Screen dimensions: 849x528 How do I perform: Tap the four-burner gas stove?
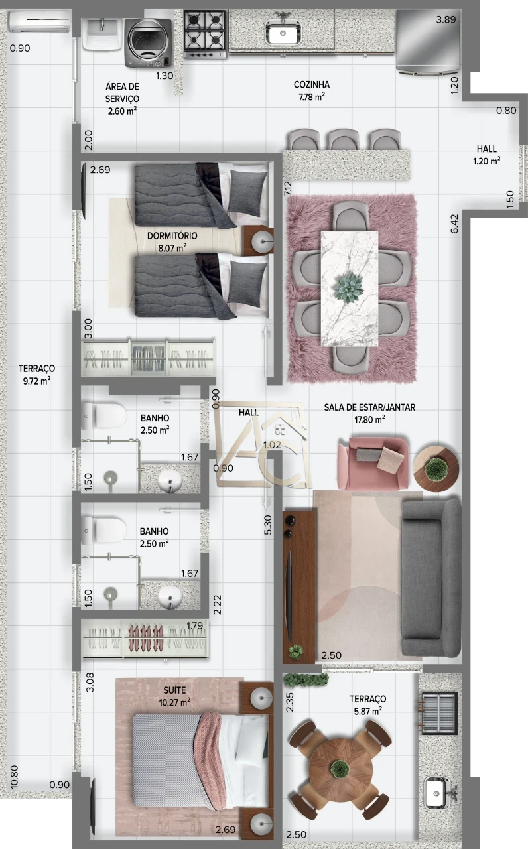[x=205, y=32]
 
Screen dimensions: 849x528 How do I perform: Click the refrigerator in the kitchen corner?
[x=425, y=39]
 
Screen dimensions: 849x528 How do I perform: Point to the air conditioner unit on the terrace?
[x=39, y=23]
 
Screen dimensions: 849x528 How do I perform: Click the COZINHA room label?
[x=312, y=85]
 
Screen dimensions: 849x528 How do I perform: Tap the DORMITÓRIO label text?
[x=172, y=236]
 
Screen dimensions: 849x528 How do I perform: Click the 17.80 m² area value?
[x=369, y=419]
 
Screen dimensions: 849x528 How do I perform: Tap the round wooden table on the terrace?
[x=340, y=769]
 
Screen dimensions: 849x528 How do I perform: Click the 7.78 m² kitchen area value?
[x=311, y=97]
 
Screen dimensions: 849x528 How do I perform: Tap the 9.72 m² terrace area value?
[x=36, y=381]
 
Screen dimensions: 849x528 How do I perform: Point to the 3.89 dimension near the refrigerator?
[x=446, y=20]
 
